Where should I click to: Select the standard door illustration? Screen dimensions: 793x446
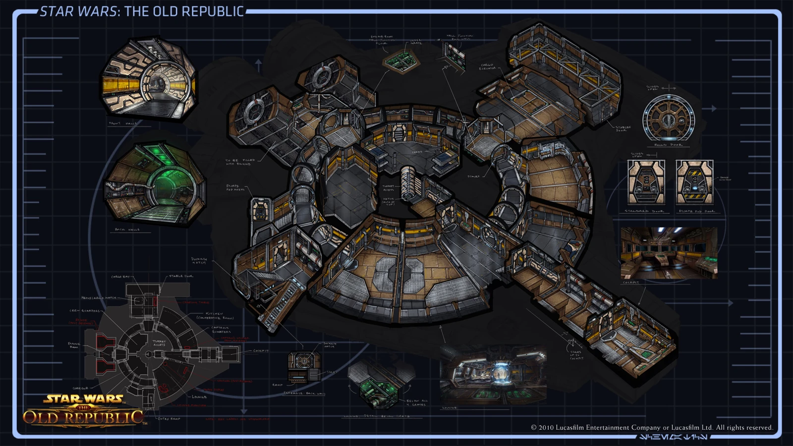tap(646, 182)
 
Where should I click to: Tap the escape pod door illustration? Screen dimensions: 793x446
tap(694, 182)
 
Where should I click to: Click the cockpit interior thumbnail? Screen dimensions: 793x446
tap(669, 253)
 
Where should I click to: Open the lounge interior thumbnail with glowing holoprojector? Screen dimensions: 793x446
tap(493, 375)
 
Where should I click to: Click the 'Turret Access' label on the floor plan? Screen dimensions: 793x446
tap(159, 343)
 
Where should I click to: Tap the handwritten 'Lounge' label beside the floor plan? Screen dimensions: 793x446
tap(199, 397)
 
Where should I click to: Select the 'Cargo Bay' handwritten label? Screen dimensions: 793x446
tap(120, 277)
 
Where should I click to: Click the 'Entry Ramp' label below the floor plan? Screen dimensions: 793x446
tap(169, 419)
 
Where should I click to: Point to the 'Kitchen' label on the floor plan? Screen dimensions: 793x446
tap(215, 314)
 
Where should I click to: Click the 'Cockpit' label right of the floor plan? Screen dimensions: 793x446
tap(261, 351)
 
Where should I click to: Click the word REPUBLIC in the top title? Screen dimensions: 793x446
tap(215, 11)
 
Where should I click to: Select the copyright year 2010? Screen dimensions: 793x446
tap(546, 428)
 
